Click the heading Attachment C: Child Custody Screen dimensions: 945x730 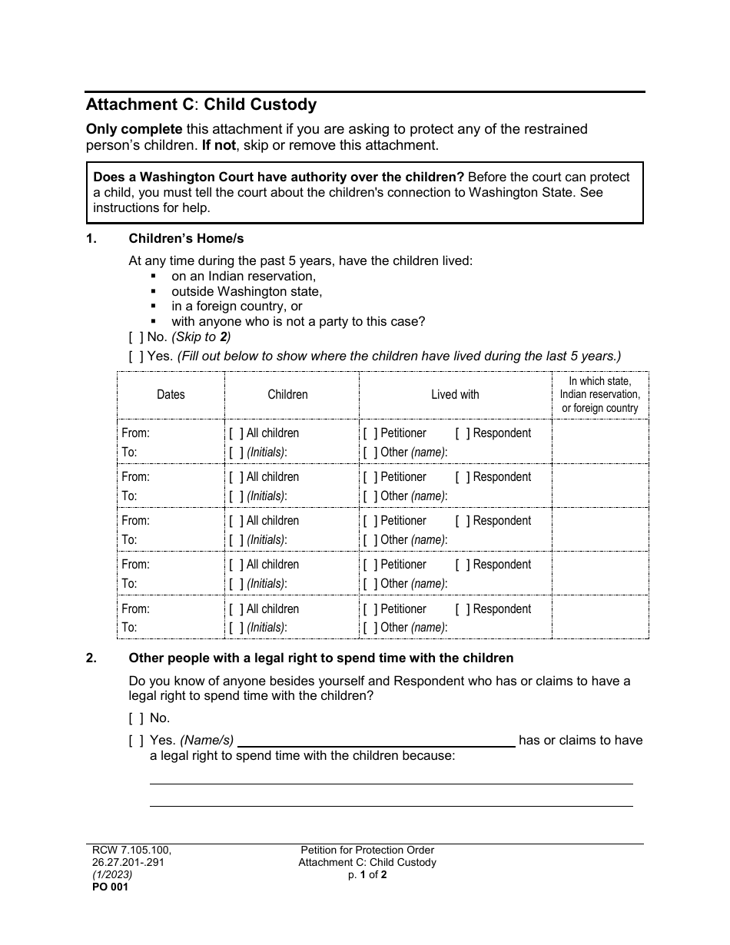[x=201, y=104]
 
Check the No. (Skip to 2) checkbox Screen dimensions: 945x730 [x=136, y=337]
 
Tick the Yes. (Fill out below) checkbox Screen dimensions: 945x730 [x=136, y=356]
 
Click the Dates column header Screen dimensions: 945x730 [x=171, y=394]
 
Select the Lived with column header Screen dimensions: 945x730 [x=455, y=394]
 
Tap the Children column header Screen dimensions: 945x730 [x=287, y=394]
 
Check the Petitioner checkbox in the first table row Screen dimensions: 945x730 [x=370, y=433]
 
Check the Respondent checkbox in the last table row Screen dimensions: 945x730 [x=463, y=609]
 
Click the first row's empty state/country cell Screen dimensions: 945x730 [x=599, y=442]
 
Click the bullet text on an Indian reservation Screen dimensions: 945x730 [x=243, y=276]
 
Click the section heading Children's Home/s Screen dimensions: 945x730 [x=186, y=239]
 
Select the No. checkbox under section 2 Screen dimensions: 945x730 [x=136, y=718]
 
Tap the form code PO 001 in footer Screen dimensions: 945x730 [x=107, y=887]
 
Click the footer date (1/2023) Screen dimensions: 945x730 [x=109, y=874]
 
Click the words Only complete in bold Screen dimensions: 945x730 [x=134, y=129]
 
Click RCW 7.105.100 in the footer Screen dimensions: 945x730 [x=128, y=850]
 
